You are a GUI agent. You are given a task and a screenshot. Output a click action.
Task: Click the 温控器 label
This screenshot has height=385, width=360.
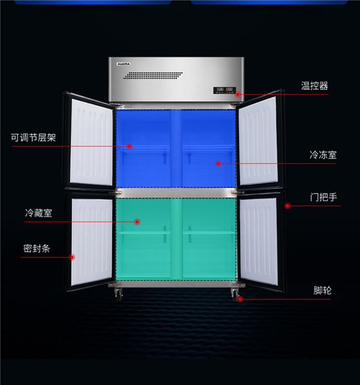314,86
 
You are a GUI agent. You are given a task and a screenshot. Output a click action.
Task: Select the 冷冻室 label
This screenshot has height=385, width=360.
323,155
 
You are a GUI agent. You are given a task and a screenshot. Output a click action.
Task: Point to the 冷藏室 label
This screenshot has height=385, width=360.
38,213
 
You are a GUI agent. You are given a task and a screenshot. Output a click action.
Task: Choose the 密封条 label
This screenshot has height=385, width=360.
36,248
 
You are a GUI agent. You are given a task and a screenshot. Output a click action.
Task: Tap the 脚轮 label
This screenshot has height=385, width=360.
323,290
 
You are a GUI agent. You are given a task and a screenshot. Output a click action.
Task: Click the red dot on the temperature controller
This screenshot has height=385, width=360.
238,94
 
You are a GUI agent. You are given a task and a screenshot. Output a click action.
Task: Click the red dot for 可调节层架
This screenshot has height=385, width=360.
129,146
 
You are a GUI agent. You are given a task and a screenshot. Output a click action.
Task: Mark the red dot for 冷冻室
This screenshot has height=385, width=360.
218,163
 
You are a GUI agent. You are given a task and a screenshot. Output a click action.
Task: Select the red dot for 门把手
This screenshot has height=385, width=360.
287,206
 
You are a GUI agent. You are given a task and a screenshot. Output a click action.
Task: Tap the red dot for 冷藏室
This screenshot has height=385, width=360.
137,222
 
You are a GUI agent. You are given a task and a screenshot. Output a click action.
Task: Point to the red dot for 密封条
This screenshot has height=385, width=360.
72,257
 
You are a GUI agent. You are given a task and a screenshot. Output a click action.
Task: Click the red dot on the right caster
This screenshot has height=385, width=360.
240,299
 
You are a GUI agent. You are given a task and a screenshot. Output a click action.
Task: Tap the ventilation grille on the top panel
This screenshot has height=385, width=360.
154,75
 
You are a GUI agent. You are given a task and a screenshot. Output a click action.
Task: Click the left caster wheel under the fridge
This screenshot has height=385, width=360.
117,293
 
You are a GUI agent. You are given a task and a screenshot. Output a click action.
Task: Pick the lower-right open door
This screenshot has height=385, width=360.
259,242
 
